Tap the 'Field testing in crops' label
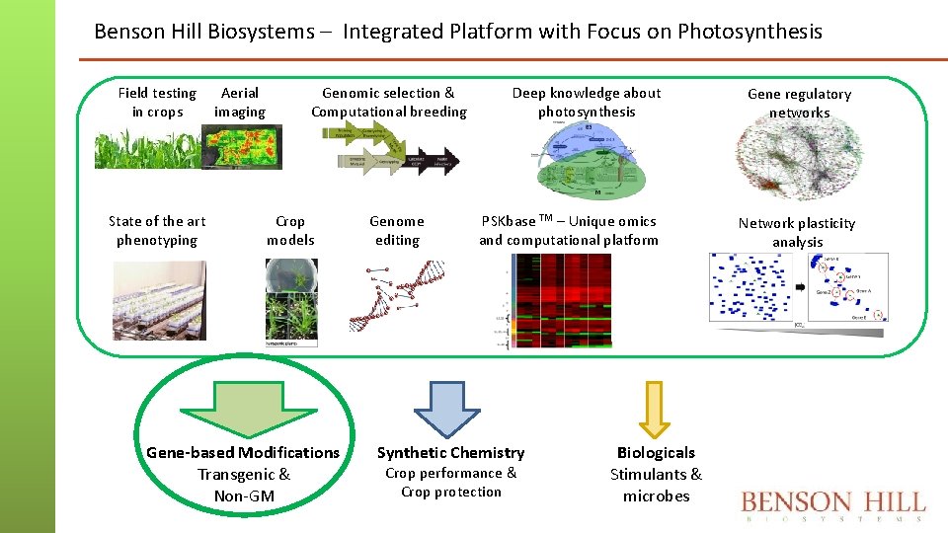click(157, 102)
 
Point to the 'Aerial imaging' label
click(240, 102)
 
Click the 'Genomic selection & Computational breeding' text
click(389, 102)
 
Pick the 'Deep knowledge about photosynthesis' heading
click(587, 102)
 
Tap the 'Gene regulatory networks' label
click(799, 103)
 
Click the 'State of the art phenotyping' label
click(157, 230)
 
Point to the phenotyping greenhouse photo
click(159, 300)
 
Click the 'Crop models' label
click(290, 230)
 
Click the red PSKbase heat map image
click(561, 300)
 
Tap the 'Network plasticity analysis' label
click(797, 232)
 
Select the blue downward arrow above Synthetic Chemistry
click(446, 407)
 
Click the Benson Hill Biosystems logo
click(833, 505)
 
